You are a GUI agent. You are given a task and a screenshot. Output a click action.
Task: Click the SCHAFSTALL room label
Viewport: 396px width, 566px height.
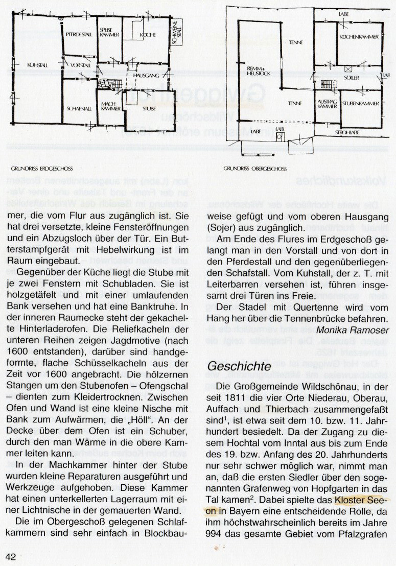[x=79, y=108]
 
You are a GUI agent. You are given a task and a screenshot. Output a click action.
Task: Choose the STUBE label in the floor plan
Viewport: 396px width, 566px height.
[x=149, y=108]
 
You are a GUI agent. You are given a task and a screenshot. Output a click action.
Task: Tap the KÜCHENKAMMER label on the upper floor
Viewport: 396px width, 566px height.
[x=358, y=37]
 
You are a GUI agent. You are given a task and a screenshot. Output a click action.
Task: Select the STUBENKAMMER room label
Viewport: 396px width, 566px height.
[x=361, y=103]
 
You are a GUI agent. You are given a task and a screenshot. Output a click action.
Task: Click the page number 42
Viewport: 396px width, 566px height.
[x=12, y=556]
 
